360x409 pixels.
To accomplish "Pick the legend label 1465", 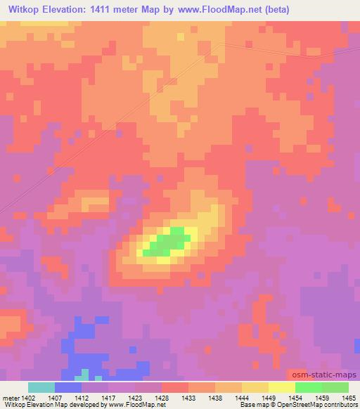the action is (348, 398).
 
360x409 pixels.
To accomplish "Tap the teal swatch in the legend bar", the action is (41, 387).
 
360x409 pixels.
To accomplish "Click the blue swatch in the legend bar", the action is (68, 387).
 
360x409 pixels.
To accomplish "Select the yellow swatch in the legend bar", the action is (282, 387).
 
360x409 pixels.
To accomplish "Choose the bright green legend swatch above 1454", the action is (309, 387).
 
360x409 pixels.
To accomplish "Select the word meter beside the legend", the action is (9, 398).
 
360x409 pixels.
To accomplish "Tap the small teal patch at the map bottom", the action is (84, 375).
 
